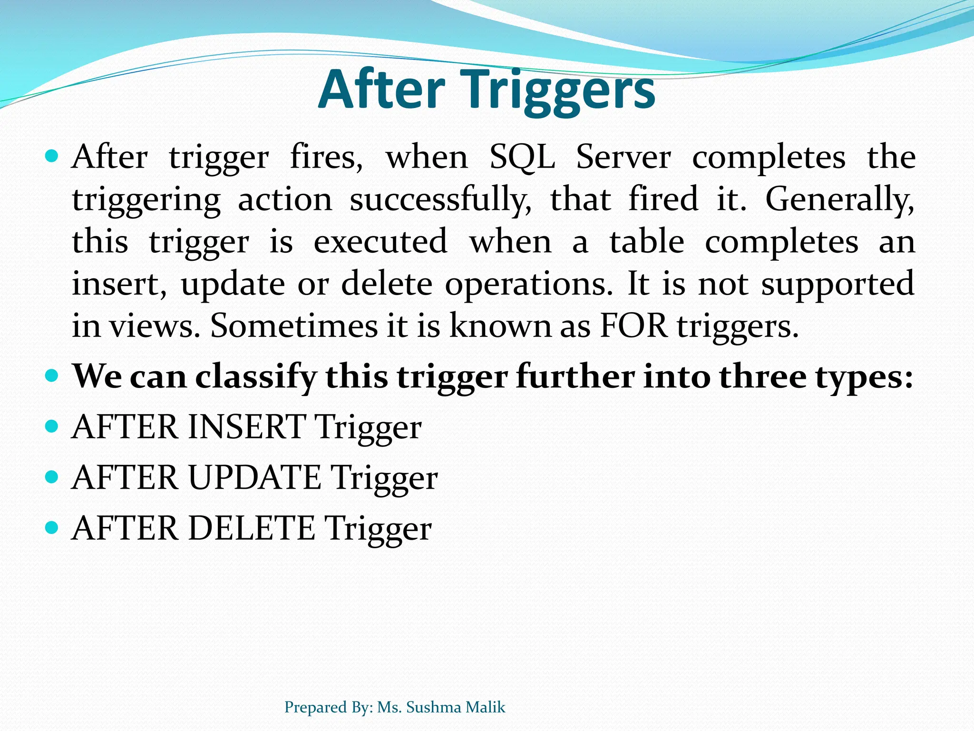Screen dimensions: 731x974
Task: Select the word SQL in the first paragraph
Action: [x=522, y=158]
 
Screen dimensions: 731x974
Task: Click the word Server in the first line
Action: [x=623, y=158]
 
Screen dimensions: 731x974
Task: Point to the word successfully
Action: [x=440, y=200]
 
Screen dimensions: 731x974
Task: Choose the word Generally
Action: [x=839, y=200]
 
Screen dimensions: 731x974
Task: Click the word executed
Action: [x=380, y=242]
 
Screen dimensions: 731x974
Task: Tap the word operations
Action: [x=529, y=284]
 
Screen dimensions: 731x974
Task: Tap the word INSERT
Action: [x=247, y=427]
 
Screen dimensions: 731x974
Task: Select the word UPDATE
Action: [x=254, y=478]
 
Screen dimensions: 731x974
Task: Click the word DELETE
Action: [x=252, y=528]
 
